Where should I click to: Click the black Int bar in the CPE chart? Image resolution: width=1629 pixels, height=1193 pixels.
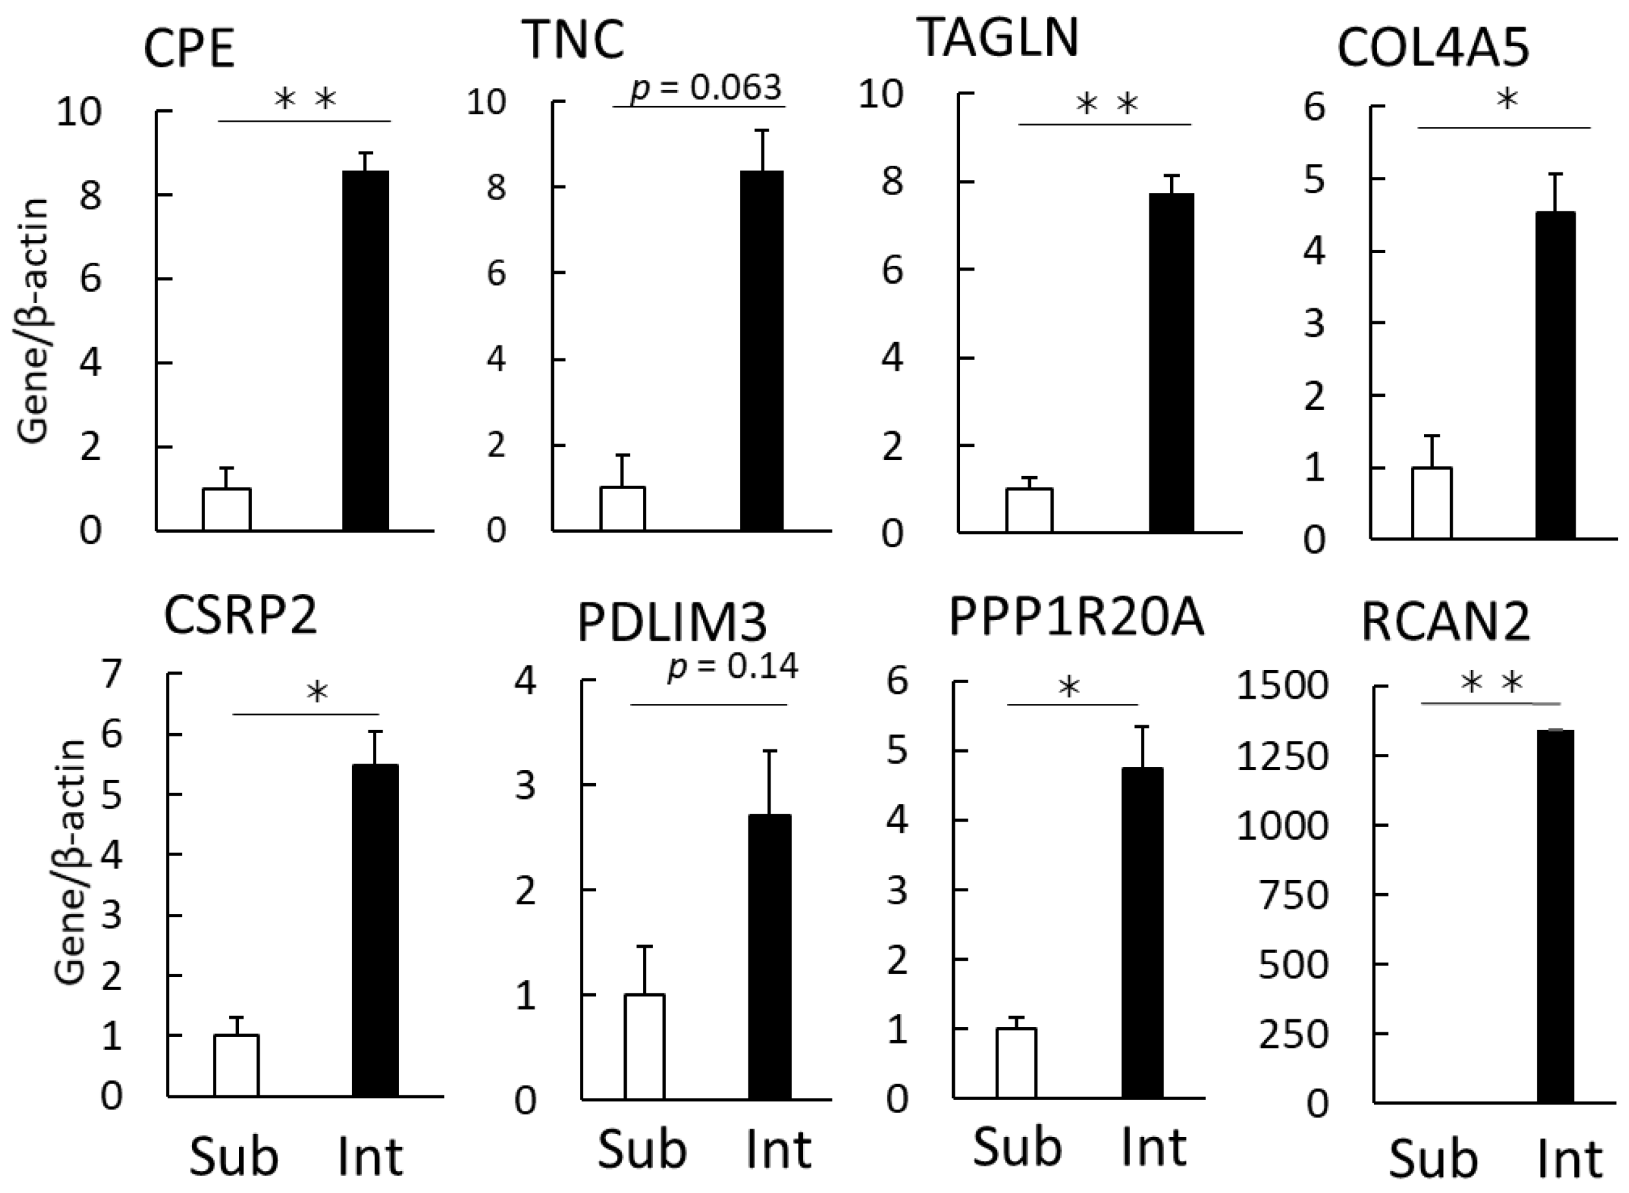[x=366, y=351]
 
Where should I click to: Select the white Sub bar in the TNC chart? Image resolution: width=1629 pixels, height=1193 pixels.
[x=622, y=509]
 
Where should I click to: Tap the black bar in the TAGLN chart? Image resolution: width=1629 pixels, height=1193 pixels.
[x=1171, y=363]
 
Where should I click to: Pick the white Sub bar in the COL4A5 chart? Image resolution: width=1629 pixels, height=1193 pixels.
[x=1432, y=503]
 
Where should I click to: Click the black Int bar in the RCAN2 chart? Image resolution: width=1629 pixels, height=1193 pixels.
[x=1555, y=917]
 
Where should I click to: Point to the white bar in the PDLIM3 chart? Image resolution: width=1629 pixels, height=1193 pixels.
[x=644, y=1047]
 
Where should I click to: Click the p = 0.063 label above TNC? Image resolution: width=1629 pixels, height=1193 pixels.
[x=705, y=88]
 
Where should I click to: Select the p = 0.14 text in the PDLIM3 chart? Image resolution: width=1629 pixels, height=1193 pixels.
[x=733, y=666]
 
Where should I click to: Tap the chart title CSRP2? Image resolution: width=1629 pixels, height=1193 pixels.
[x=241, y=616]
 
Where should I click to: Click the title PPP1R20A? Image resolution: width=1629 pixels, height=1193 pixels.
[x=1076, y=618]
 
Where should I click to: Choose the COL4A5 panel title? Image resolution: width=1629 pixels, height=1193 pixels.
[x=1433, y=49]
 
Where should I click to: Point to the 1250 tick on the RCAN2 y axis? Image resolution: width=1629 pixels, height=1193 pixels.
[x=1282, y=757]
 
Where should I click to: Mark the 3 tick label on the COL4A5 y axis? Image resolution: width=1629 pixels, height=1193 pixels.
[x=1315, y=323]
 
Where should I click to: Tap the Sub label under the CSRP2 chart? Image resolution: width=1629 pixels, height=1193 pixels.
[x=234, y=1157]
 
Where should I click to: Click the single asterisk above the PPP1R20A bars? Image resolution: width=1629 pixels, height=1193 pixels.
[x=1069, y=687]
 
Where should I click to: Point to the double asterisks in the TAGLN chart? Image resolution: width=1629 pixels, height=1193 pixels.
[x=1106, y=105]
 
